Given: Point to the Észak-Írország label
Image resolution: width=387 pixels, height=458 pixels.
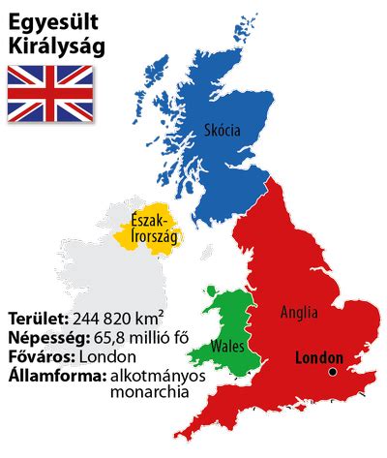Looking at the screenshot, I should [150, 230].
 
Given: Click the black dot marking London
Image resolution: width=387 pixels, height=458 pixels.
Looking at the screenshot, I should [332, 372].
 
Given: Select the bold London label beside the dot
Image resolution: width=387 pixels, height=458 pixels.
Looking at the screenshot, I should [318, 356].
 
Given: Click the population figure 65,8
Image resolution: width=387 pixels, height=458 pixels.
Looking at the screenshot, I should [111, 338].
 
